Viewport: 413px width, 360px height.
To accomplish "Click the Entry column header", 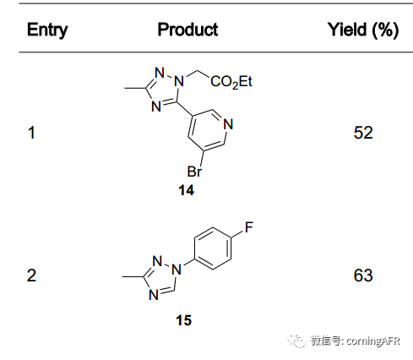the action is (x=47, y=30).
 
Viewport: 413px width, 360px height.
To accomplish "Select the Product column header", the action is (x=187, y=30).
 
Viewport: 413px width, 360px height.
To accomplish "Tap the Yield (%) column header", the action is (x=363, y=30).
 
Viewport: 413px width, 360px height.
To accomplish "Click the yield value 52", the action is (x=363, y=133).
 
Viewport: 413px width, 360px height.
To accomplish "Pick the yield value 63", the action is (x=363, y=275).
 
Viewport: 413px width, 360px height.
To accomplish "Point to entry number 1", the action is (x=31, y=133).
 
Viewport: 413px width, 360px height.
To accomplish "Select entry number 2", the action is (x=31, y=275).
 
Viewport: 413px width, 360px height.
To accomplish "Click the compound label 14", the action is (x=187, y=190).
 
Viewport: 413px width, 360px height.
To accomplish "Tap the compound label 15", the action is (x=184, y=320).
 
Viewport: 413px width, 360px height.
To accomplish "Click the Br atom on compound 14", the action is (x=194, y=172).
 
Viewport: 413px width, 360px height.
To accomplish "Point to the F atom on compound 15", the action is (x=249, y=227).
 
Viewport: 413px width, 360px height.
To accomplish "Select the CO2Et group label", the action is (x=231, y=82).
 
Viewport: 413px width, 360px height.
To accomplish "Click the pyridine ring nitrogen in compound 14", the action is (x=228, y=124).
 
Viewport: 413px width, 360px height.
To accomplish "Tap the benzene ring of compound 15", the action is (x=213, y=248).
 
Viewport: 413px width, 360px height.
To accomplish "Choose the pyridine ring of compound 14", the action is (x=207, y=131).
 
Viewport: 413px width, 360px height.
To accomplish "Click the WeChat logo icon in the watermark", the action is (x=296, y=341).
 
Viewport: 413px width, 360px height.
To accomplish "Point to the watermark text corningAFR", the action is (x=372, y=341).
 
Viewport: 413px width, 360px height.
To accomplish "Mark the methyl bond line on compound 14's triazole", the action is (x=135, y=89).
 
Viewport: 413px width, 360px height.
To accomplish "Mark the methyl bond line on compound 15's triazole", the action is (x=133, y=276).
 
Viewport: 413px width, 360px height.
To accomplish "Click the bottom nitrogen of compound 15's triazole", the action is (x=154, y=295).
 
